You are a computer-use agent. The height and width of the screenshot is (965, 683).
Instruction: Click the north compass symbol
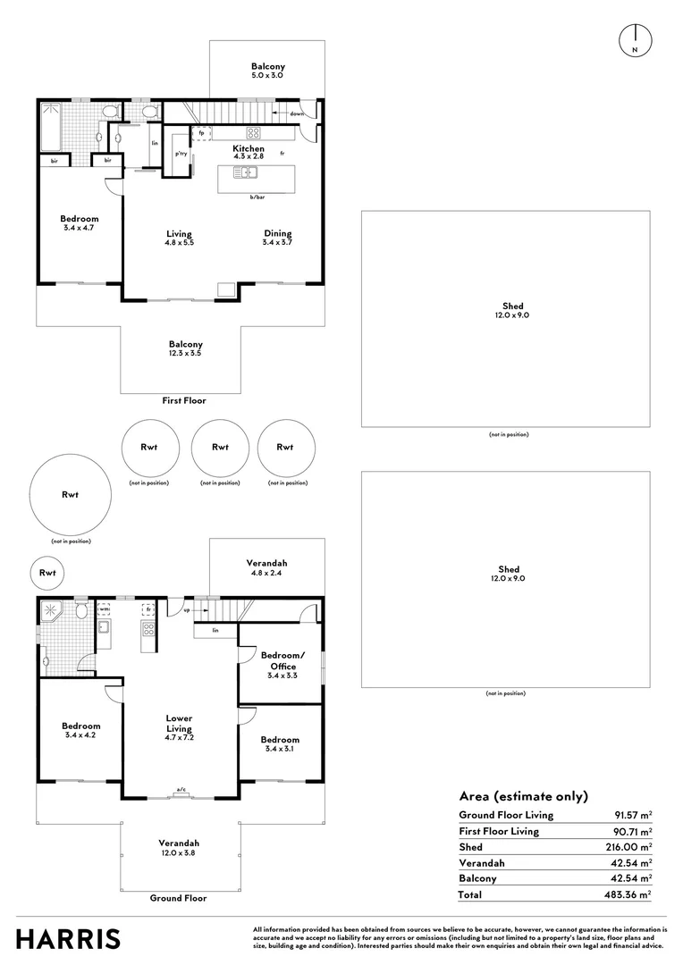pos(635,40)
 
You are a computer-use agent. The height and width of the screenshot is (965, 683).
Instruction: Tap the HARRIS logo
pos(68,939)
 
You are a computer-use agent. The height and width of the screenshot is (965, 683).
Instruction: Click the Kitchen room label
pos(249,148)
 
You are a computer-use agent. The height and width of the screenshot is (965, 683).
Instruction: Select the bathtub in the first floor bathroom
pos(50,126)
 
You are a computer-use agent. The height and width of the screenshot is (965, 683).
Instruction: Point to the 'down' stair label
pos(297,113)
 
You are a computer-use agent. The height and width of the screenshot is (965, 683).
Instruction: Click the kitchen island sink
pos(245,172)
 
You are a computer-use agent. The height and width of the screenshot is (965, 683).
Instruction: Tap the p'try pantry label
pos(181,154)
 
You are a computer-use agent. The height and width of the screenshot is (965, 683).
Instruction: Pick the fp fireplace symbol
pos(201,133)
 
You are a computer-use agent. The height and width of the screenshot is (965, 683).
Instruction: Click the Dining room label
pos(278,233)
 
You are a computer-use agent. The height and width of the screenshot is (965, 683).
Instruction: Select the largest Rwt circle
pos(71,495)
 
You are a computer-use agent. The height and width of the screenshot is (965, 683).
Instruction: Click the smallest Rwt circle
pos(47,573)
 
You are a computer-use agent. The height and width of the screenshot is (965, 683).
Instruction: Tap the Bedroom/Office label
pos(282,661)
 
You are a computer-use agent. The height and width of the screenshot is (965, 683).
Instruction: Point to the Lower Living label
pos(179,723)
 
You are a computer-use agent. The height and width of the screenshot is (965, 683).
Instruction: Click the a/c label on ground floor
pos(181,789)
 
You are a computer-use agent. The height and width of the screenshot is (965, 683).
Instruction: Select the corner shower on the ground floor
pos(51,611)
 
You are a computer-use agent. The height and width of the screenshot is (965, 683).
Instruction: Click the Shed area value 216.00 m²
pos(628,847)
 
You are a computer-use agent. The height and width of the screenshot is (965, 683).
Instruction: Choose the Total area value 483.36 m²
pos(628,894)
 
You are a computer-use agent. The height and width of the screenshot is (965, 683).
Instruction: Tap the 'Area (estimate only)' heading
pos(524,796)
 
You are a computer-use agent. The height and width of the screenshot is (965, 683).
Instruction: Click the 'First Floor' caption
pos(184,400)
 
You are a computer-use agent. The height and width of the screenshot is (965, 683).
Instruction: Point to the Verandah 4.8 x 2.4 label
pos(266,568)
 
